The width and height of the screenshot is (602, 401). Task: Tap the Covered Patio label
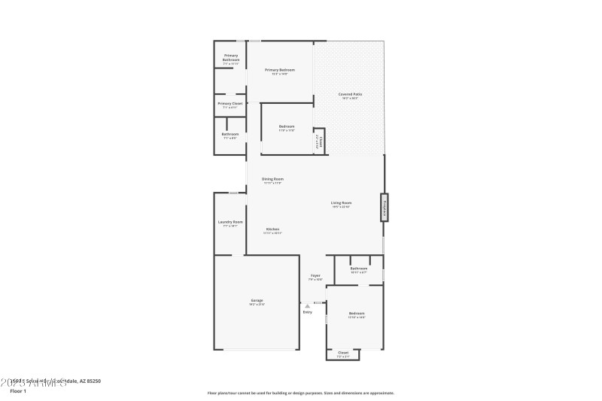click(x=350, y=94)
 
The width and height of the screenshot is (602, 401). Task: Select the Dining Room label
click(x=272, y=179)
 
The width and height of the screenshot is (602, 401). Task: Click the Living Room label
click(x=342, y=202)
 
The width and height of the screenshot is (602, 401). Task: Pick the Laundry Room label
click(x=230, y=222)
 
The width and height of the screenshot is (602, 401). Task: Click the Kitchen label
click(x=272, y=229)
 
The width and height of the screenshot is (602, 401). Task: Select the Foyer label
click(x=315, y=275)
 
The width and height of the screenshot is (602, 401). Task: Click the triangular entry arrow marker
click(x=307, y=305)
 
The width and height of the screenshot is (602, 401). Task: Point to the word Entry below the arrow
click(x=307, y=312)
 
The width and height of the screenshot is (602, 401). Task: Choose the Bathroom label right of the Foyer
click(x=358, y=269)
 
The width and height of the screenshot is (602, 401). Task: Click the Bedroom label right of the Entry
click(x=356, y=313)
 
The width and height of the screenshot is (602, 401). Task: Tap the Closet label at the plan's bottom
click(x=342, y=352)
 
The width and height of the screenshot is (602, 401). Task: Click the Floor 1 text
click(x=17, y=391)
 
